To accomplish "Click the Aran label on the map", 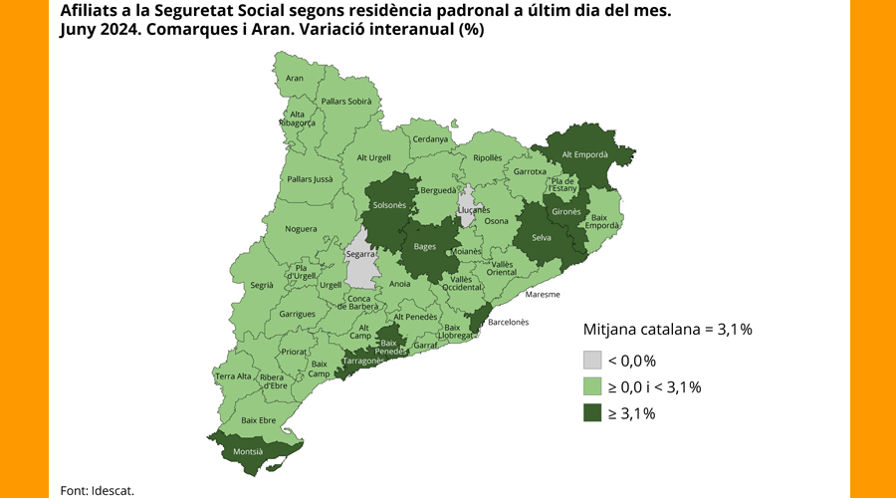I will (x=295, y=78).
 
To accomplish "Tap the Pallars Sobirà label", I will (x=345, y=101).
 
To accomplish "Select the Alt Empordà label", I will (x=584, y=154).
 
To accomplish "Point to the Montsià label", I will (x=247, y=451).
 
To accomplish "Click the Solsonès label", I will (x=388, y=205).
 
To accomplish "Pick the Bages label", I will (x=425, y=246).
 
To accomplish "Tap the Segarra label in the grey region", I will (x=360, y=254).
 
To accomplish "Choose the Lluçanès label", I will (x=474, y=210).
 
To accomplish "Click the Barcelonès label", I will (x=508, y=322).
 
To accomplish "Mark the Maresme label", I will (x=543, y=294).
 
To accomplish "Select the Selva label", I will (x=542, y=237).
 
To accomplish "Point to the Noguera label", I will (x=301, y=229).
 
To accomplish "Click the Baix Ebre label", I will (x=258, y=419).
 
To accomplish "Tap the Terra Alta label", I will (x=233, y=376).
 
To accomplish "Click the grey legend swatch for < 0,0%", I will (x=592, y=361).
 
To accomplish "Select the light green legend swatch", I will (x=592, y=386).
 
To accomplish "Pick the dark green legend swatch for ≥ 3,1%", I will (x=592, y=412).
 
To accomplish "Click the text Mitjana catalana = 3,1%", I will (x=666, y=329).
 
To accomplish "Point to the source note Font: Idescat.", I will (x=97, y=490).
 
